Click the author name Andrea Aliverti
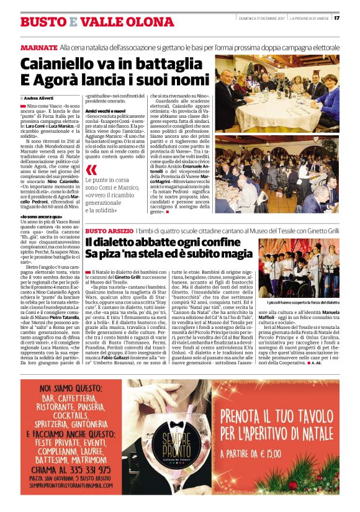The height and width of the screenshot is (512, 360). click(x=38, y=98)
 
